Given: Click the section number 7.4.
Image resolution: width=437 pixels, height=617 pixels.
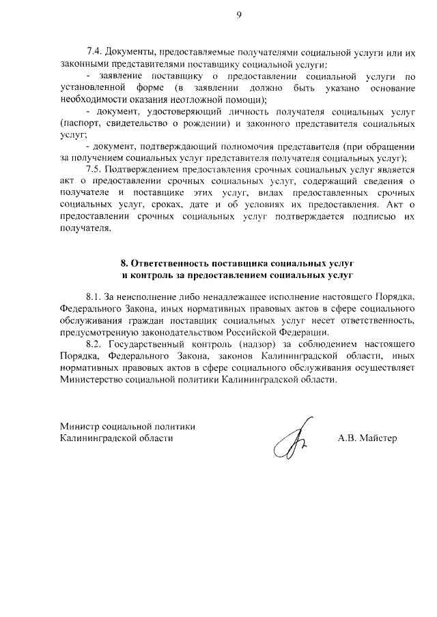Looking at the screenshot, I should pos(94,52).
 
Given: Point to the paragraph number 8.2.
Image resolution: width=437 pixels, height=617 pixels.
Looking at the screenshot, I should pos(94,344).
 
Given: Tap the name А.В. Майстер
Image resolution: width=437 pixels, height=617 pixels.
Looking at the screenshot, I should pos(367,438).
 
